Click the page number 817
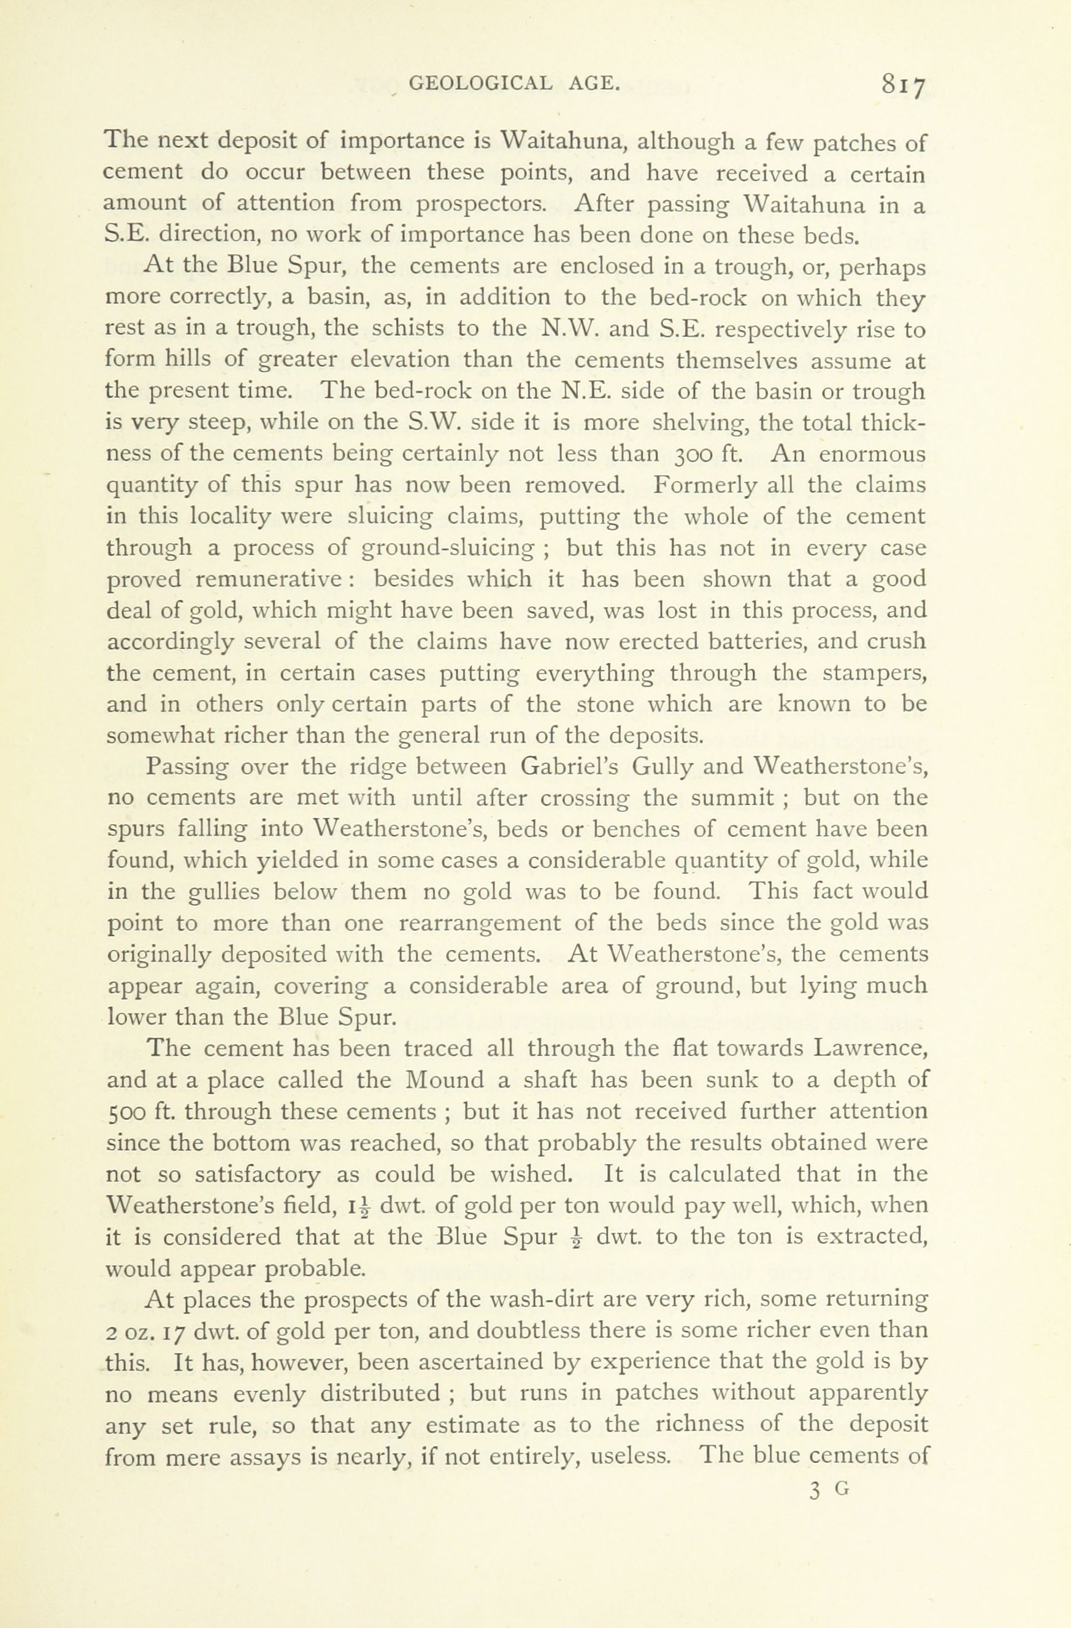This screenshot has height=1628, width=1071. point(903,85)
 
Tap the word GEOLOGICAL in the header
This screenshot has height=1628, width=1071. point(480,83)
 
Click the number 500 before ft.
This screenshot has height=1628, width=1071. point(125,1111)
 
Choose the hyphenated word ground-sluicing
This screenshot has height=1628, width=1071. point(448,549)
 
